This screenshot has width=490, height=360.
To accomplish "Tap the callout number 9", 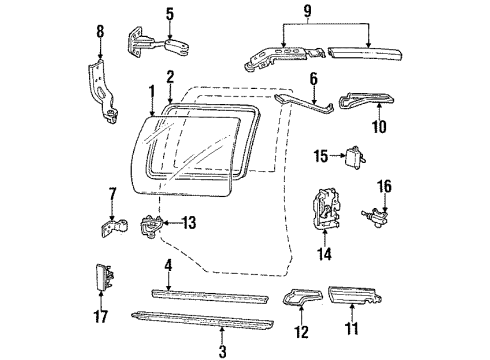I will click(321, 13).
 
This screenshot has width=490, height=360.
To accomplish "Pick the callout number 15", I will click(319, 155).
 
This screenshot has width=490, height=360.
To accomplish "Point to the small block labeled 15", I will click(354, 155).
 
